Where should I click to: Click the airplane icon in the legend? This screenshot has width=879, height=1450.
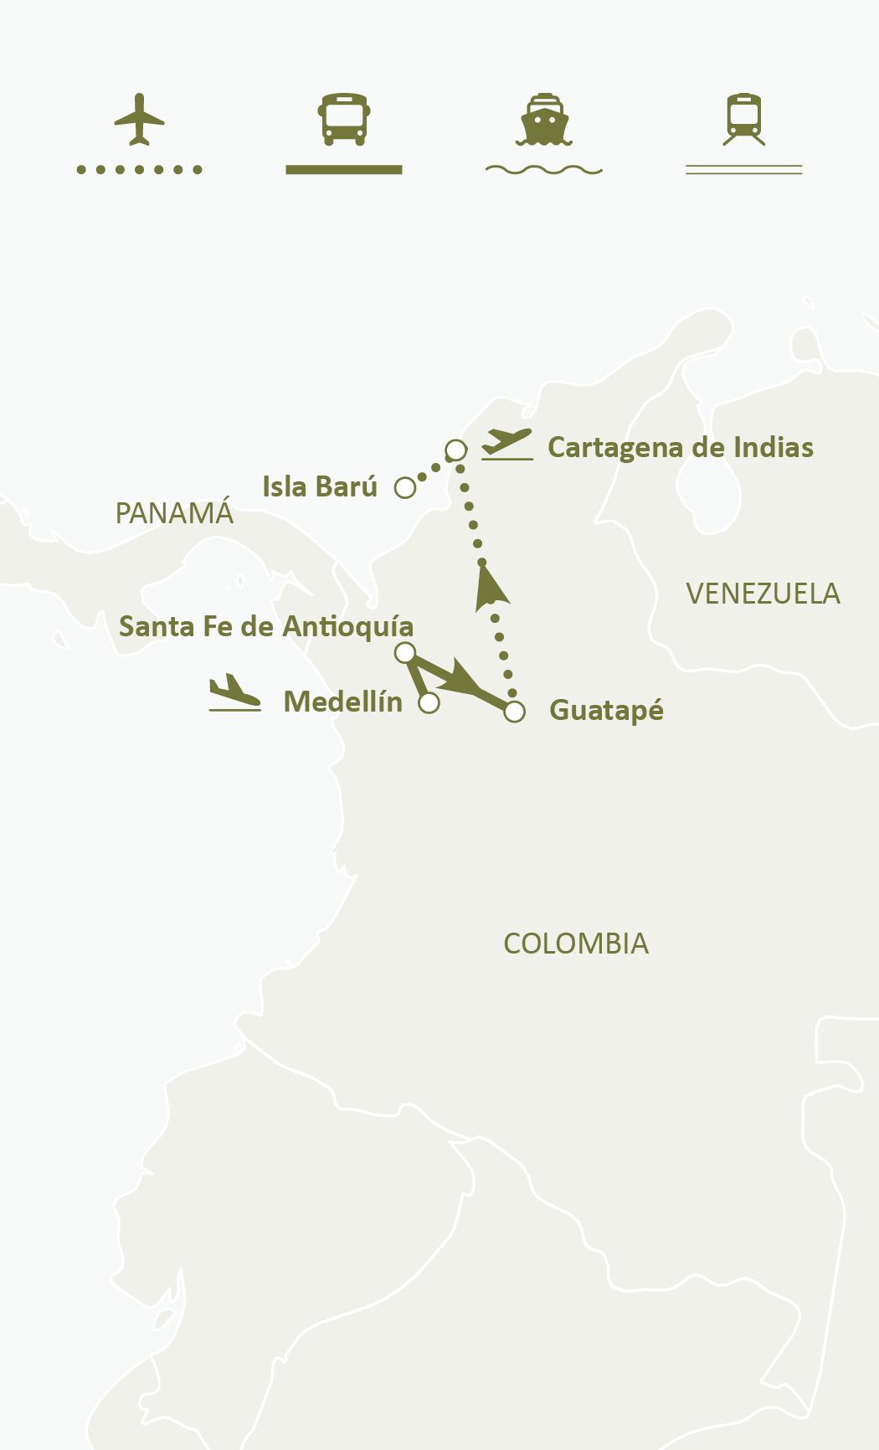pyautogui.click(x=139, y=119)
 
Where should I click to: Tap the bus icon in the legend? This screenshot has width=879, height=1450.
pyautogui.click(x=343, y=119)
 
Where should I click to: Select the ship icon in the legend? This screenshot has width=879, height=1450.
pyautogui.click(x=544, y=119)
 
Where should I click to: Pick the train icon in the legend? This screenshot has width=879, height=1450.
pyautogui.click(x=744, y=119)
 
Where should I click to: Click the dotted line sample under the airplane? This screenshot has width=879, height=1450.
pyautogui.click(x=139, y=170)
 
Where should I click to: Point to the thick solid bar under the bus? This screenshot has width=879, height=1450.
pyautogui.click(x=343, y=170)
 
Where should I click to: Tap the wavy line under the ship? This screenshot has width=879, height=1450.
pyautogui.click(x=544, y=170)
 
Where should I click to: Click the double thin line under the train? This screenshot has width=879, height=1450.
pyautogui.click(x=744, y=170)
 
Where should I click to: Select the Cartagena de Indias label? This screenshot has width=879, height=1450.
pyautogui.click(x=680, y=448)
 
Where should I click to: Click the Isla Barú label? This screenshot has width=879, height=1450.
pyautogui.click(x=320, y=487)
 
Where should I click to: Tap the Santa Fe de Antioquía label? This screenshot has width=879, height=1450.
pyautogui.click(x=266, y=627)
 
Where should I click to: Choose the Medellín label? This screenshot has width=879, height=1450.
pyautogui.click(x=343, y=702)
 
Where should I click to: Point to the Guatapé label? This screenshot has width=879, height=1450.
pyautogui.click(x=606, y=711)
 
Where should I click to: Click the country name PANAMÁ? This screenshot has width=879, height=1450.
pyautogui.click(x=174, y=514)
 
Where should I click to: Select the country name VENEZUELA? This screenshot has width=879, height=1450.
pyautogui.click(x=763, y=594)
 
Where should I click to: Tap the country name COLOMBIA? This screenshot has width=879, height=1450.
pyautogui.click(x=576, y=944)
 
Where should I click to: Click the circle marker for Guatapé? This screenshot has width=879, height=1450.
pyautogui.click(x=515, y=712)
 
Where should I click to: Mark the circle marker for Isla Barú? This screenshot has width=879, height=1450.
pyautogui.click(x=405, y=488)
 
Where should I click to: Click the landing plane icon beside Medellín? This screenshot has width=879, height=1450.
pyautogui.click(x=234, y=693)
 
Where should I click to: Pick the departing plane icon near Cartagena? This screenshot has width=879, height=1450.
pyautogui.click(x=507, y=443)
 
